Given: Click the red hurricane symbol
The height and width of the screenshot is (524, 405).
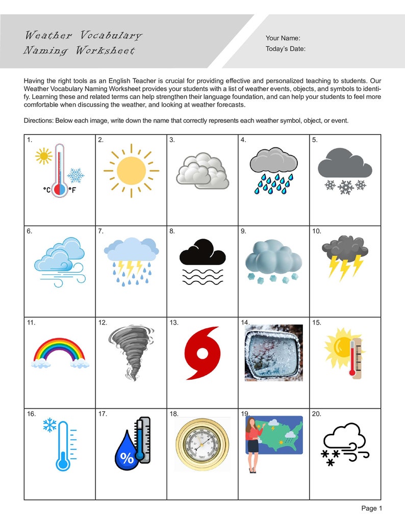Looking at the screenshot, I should [x=202, y=353].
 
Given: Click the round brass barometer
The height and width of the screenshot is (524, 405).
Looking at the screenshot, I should [x=202, y=444].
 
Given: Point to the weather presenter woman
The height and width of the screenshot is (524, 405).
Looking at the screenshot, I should [x=252, y=444].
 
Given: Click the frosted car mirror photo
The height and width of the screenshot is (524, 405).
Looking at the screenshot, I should [x=273, y=353].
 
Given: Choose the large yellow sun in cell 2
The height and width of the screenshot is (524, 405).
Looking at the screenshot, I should [x=131, y=170].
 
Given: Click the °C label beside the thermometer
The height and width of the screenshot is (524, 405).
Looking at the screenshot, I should [x=47, y=190].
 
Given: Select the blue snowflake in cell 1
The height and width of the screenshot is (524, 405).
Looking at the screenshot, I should [x=76, y=175].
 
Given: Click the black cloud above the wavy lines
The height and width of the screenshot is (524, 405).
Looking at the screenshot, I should [x=202, y=252].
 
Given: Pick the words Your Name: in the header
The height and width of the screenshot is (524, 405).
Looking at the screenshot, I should [x=283, y=38].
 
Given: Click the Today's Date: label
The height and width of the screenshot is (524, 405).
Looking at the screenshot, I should [x=285, y=49].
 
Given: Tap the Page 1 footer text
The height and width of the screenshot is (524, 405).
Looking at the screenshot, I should [x=371, y=508].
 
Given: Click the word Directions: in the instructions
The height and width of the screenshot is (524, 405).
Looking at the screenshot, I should [x=40, y=120].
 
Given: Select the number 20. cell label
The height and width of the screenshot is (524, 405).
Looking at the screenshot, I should [x=317, y=414].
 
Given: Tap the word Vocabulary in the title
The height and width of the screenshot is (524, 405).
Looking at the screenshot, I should [x=110, y=35].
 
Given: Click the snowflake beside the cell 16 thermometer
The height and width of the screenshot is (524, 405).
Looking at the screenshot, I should [x=49, y=426].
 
